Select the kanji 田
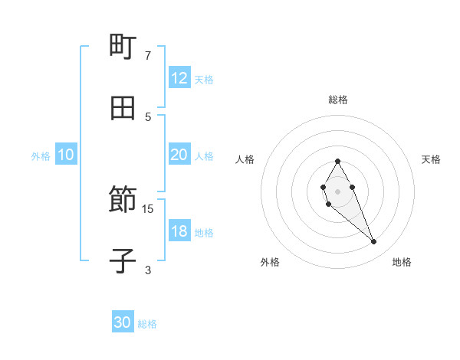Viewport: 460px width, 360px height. point(123,108)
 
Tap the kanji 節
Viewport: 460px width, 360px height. point(123,201)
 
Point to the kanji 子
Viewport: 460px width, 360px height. point(123,261)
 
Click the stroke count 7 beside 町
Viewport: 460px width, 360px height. point(147,55)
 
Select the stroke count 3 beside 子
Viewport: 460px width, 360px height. point(147,270)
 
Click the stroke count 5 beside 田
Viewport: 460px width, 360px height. point(147,116)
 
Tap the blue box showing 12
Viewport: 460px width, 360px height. point(179,78)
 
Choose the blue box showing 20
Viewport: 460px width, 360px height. point(179,155)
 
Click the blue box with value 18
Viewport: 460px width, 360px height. point(179,231)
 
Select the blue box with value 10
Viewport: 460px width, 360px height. point(66,155)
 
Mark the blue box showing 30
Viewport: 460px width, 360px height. point(123,322)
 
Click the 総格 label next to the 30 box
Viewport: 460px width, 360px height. point(147,324)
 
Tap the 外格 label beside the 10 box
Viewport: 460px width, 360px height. point(41,156)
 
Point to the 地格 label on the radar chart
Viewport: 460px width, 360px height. point(402,262)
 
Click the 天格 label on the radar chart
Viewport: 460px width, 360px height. point(431,159)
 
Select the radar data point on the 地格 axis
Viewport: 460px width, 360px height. point(374,242)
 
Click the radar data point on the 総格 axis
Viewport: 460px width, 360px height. point(337,161)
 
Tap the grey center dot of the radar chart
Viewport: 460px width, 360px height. point(337,191)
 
